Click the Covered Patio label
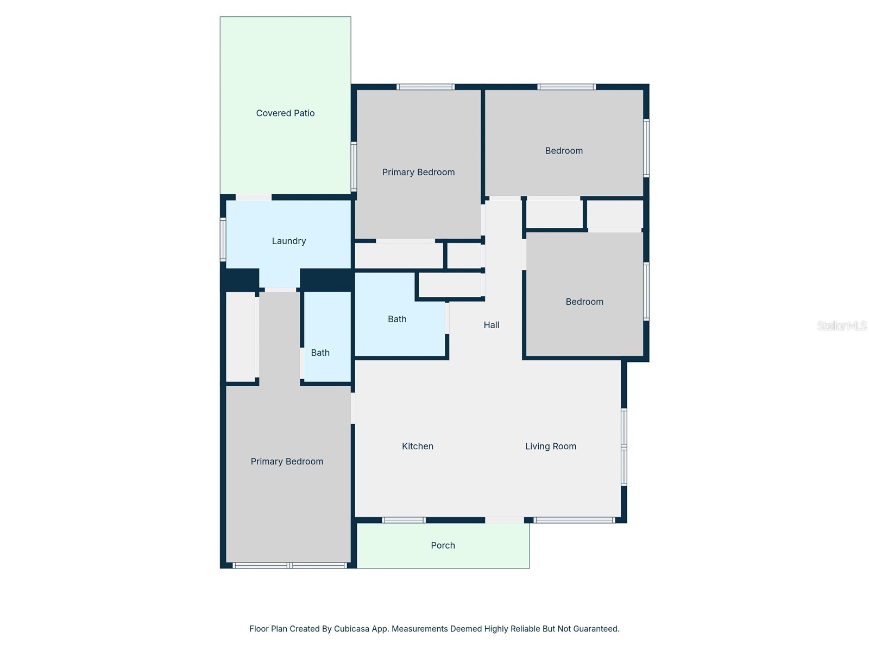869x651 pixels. point(285,113)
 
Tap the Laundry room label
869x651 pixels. point(288,241)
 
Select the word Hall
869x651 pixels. point(492,325)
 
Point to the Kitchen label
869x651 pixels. point(417,446)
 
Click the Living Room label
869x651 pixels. point(550,446)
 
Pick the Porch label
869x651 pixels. point(443,545)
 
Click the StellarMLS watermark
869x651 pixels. point(842,325)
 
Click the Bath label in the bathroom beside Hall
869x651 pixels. point(397,319)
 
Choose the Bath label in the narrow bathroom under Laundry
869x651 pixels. point(320,353)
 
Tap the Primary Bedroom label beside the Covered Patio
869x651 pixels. point(418,173)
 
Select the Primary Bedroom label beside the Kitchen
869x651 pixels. point(287,461)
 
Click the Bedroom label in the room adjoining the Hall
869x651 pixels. point(584,302)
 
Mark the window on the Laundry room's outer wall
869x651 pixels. point(223,239)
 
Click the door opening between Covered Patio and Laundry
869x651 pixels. point(254,197)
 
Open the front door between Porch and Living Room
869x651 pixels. point(504,520)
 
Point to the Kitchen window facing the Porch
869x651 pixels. point(404,520)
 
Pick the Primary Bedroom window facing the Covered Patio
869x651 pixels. point(354,167)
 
